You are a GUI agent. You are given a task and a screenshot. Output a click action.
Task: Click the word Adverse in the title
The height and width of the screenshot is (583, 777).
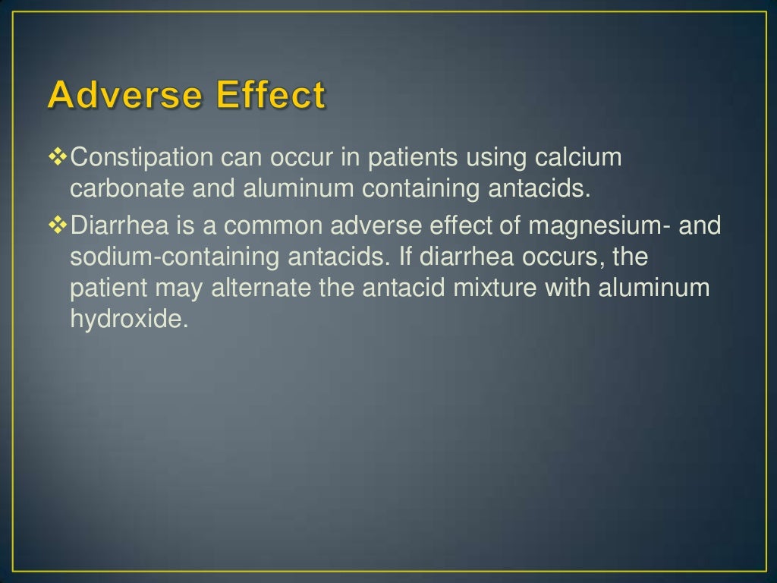click(126, 96)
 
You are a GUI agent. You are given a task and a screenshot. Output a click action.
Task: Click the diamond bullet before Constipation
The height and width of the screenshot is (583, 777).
click(58, 157)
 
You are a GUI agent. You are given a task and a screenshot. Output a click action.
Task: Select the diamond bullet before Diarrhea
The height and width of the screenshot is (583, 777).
click(58, 225)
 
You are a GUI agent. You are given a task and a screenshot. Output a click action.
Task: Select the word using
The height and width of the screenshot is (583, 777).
click(497, 159)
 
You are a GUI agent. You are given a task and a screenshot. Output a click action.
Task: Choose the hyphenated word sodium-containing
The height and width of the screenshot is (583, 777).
click(175, 257)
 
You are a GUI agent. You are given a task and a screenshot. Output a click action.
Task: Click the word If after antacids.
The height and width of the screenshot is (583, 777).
click(405, 257)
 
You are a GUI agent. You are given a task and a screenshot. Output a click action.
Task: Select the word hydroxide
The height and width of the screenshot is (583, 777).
click(128, 320)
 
